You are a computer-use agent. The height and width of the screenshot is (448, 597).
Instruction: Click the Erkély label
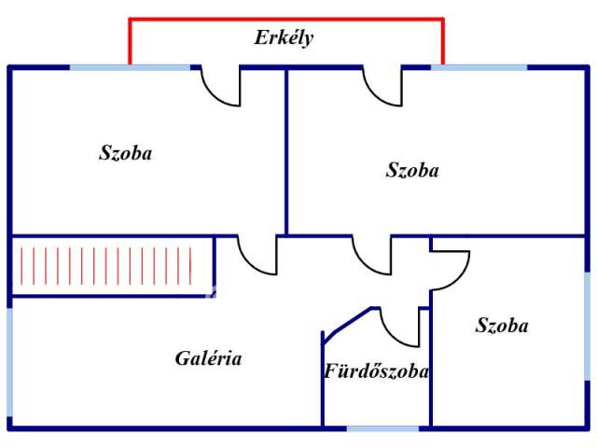click(x=284, y=38)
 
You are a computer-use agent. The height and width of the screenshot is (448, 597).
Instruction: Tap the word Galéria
click(x=208, y=358)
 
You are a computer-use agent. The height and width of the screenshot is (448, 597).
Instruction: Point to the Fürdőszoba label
click(x=376, y=371)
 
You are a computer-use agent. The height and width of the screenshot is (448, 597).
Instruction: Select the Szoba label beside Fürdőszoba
click(x=502, y=326)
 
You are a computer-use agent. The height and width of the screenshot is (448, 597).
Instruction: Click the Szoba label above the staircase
click(x=125, y=153)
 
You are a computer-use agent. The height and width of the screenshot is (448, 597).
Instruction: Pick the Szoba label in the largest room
click(x=412, y=170)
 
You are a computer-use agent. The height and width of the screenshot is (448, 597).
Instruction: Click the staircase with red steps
click(x=112, y=266)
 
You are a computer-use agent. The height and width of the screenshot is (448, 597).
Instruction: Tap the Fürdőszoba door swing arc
click(x=400, y=328)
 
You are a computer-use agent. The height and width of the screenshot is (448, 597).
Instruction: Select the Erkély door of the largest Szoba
click(x=382, y=86)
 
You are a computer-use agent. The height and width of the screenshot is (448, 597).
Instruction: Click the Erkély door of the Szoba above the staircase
click(x=221, y=86)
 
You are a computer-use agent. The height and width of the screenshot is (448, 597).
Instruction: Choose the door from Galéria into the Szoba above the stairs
click(x=257, y=255)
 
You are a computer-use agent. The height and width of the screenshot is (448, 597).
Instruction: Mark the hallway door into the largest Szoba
click(x=372, y=255)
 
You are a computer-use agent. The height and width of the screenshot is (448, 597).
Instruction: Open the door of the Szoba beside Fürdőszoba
click(x=450, y=271)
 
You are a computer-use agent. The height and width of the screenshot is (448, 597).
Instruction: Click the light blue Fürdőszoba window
click(x=382, y=429)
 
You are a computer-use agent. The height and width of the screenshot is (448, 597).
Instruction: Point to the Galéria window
click(x=10, y=362)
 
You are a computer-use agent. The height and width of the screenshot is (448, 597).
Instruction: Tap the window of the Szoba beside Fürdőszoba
click(x=588, y=326)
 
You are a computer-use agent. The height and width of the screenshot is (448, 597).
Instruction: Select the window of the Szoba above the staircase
click(x=130, y=68)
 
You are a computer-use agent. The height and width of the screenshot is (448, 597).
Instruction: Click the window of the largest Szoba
click(x=479, y=68)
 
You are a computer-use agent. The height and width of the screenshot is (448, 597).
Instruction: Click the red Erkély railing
click(x=286, y=19)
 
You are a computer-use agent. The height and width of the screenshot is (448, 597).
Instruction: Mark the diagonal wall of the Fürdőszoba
click(x=346, y=326)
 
